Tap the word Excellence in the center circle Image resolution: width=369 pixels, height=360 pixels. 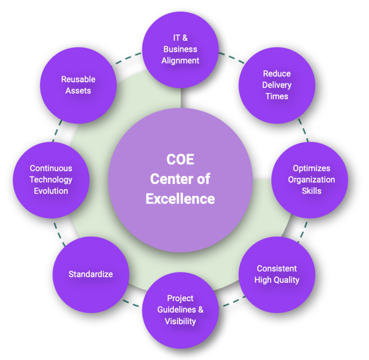(x=180, y=198)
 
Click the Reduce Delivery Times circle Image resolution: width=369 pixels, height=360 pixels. (x=276, y=85)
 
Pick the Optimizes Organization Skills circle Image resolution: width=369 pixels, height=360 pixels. (x=311, y=180)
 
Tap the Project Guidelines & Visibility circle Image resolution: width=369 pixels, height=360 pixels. (x=180, y=310)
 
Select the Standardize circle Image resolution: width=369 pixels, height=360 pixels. (x=90, y=274)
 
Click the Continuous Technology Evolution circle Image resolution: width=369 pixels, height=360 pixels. (x=51, y=180)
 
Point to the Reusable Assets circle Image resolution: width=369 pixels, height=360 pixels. (x=78, y=85)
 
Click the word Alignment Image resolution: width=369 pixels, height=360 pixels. (x=180, y=60)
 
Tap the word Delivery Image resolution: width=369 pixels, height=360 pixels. (x=277, y=85)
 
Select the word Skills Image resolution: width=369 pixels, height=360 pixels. (x=311, y=191)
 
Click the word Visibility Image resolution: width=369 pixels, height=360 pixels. (x=180, y=321)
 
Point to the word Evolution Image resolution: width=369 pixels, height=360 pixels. (x=51, y=191)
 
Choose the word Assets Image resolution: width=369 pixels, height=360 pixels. (x=78, y=90)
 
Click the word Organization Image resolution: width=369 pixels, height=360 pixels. (x=311, y=180)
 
